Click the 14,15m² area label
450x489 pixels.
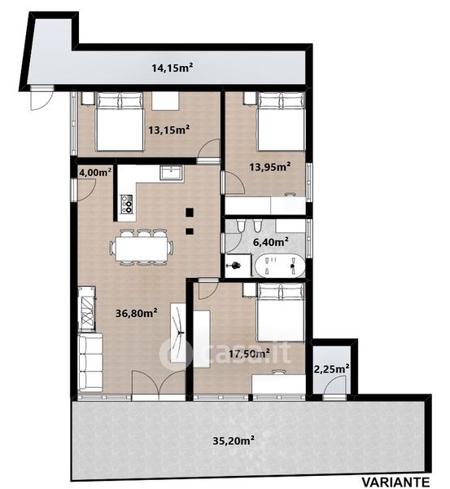click(172, 68)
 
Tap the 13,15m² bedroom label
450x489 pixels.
click(169, 130)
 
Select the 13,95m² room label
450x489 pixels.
click(270, 167)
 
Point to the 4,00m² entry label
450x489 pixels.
click(95, 172)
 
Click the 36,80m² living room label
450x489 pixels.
click(136, 313)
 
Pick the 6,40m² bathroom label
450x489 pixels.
click(271, 242)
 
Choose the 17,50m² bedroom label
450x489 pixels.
click(250, 354)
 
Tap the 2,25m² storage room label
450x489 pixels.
click(331, 369)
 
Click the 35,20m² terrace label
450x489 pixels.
click(234, 440)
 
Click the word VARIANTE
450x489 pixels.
click(395, 482)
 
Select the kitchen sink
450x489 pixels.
click(171, 173)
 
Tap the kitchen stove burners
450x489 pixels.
click(126, 204)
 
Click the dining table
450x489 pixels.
click(141, 249)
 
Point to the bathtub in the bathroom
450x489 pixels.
click(280, 266)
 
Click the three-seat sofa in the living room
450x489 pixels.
click(90, 362)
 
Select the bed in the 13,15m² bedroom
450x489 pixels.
click(120, 121)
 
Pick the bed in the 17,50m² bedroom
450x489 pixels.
click(280, 312)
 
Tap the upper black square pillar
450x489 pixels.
click(190, 213)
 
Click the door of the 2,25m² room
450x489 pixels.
click(334, 386)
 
